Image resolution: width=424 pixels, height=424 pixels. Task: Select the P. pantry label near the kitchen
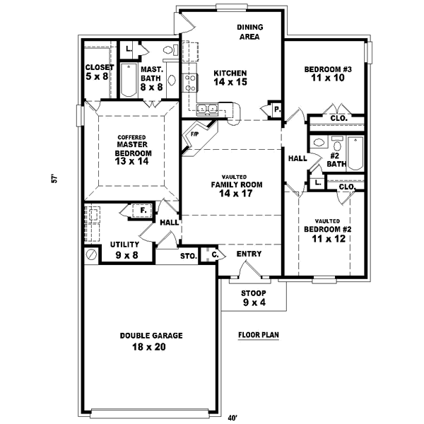click(274, 110)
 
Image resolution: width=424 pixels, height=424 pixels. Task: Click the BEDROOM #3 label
click(324, 69)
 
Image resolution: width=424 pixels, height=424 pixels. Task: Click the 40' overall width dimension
click(232, 417)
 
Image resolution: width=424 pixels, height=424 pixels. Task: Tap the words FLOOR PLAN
click(258, 336)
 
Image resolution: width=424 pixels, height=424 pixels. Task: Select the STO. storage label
click(188, 256)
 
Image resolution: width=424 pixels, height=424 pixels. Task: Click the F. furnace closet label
click(143, 210)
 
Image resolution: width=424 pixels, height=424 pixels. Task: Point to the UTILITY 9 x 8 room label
click(124, 249)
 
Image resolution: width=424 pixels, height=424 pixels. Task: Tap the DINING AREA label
click(249, 32)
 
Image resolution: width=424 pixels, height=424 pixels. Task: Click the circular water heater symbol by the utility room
click(90, 252)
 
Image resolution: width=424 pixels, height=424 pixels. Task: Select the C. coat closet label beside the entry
click(213, 255)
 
